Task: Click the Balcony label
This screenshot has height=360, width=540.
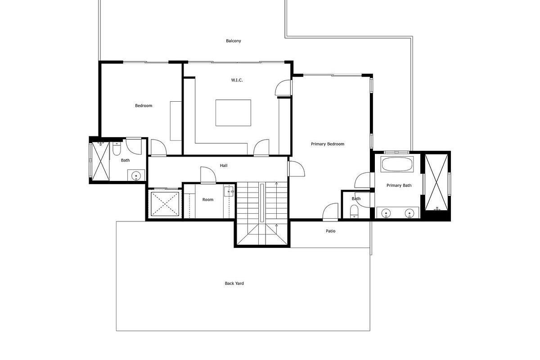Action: [x=233, y=41]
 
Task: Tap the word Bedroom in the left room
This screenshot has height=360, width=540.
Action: [x=144, y=106]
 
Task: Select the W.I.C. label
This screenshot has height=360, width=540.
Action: [x=237, y=80]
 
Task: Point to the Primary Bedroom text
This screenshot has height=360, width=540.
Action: [x=327, y=144]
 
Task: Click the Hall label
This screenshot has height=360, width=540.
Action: [x=224, y=166]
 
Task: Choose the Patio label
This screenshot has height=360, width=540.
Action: [x=330, y=231]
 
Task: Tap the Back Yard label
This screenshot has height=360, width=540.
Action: [x=234, y=283]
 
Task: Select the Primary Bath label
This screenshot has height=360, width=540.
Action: [x=399, y=185]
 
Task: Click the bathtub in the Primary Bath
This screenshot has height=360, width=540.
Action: [x=397, y=164]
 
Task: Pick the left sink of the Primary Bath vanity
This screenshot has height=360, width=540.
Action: [x=386, y=213]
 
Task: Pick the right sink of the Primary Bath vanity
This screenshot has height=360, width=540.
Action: [x=409, y=213]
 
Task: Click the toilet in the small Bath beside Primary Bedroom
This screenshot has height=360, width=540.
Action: [x=355, y=211]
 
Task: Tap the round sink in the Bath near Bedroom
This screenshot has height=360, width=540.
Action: [x=136, y=175]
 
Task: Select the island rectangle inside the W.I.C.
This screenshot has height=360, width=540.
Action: [x=233, y=113]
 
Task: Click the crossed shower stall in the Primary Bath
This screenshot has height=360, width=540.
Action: [x=436, y=182]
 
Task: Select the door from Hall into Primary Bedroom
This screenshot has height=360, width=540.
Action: [x=296, y=169]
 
